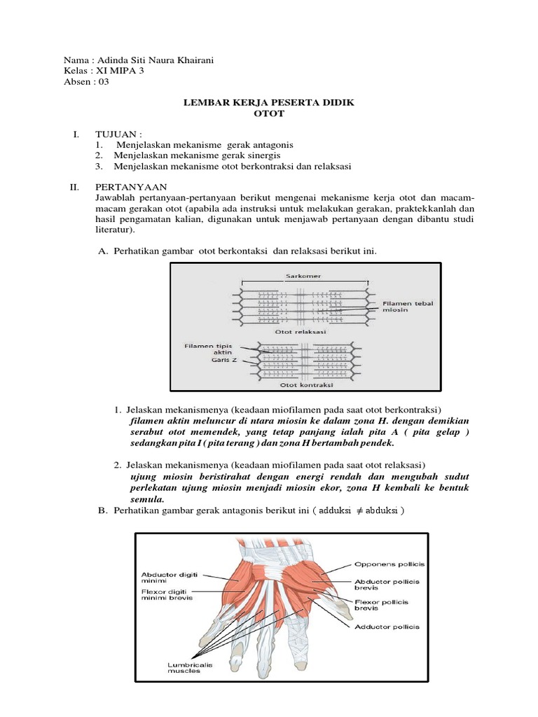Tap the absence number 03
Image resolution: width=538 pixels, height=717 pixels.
coord(103,81)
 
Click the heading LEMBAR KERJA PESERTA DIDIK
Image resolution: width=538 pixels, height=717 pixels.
coord(268,102)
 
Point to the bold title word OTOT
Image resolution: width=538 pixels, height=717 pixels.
coord(268,113)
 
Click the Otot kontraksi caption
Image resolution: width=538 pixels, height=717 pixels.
coord(306,385)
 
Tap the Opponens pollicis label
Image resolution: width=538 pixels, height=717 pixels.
coord(389,564)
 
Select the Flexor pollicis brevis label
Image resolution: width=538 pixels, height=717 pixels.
coord(381,605)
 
